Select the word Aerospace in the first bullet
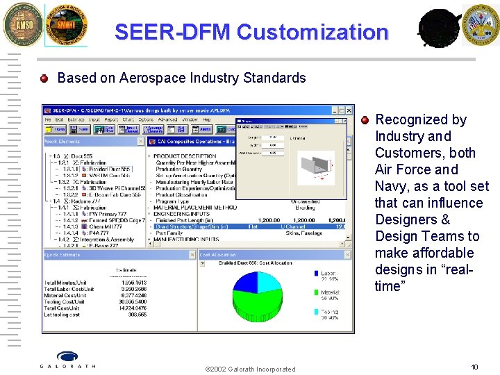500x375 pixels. (x=150, y=78)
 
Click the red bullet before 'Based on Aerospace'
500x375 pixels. (x=44, y=78)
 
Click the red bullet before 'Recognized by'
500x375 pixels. (x=365, y=119)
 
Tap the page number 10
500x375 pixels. (x=474, y=367)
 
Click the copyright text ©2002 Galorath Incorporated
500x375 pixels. (x=250, y=369)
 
